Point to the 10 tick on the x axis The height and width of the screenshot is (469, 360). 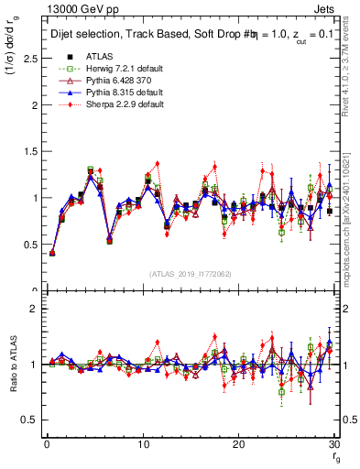142,444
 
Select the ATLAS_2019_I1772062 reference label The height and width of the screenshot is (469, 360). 190,274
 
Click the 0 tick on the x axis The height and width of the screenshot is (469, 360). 47,444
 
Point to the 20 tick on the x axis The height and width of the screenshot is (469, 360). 238,444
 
